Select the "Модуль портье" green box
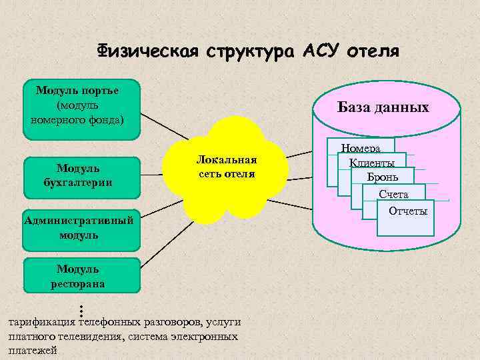[81, 109]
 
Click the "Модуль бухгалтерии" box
[82, 177]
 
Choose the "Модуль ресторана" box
[82, 275]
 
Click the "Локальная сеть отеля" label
[226, 167]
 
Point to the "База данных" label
[383, 107]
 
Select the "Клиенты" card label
[371, 163]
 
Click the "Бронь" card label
[383, 177]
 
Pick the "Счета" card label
[393, 195]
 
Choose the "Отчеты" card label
[408, 211]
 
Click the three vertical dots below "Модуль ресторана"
[80, 309]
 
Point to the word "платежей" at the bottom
[31, 350]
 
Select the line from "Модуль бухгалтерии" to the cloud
[152, 177]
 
